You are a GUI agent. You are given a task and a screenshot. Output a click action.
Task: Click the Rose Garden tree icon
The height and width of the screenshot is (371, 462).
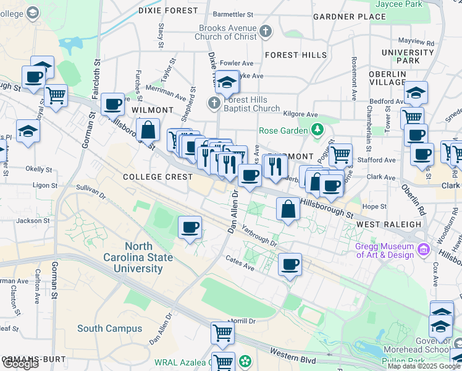(x=317, y=130)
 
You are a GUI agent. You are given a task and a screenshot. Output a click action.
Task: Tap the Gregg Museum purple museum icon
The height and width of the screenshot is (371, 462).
(x=424, y=249)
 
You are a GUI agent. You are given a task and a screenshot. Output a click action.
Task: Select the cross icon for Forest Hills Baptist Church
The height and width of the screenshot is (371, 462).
(x=214, y=103)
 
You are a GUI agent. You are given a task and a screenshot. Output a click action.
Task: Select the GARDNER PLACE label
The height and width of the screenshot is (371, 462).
(x=349, y=17)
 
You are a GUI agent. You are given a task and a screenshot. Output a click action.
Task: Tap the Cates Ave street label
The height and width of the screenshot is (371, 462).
(x=240, y=263)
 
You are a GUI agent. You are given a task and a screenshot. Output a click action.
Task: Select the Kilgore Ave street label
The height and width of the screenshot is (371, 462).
(x=300, y=114)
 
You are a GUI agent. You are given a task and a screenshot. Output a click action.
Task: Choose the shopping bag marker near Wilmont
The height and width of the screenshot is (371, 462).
(x=148, y=130)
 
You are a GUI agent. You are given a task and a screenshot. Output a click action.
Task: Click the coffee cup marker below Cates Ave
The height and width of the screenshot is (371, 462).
(x=290, y=265)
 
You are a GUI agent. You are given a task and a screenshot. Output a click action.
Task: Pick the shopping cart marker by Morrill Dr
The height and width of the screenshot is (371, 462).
(x=222, y=333)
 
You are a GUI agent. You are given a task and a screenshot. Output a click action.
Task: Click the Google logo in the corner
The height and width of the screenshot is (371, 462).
(x=20, y=364)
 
